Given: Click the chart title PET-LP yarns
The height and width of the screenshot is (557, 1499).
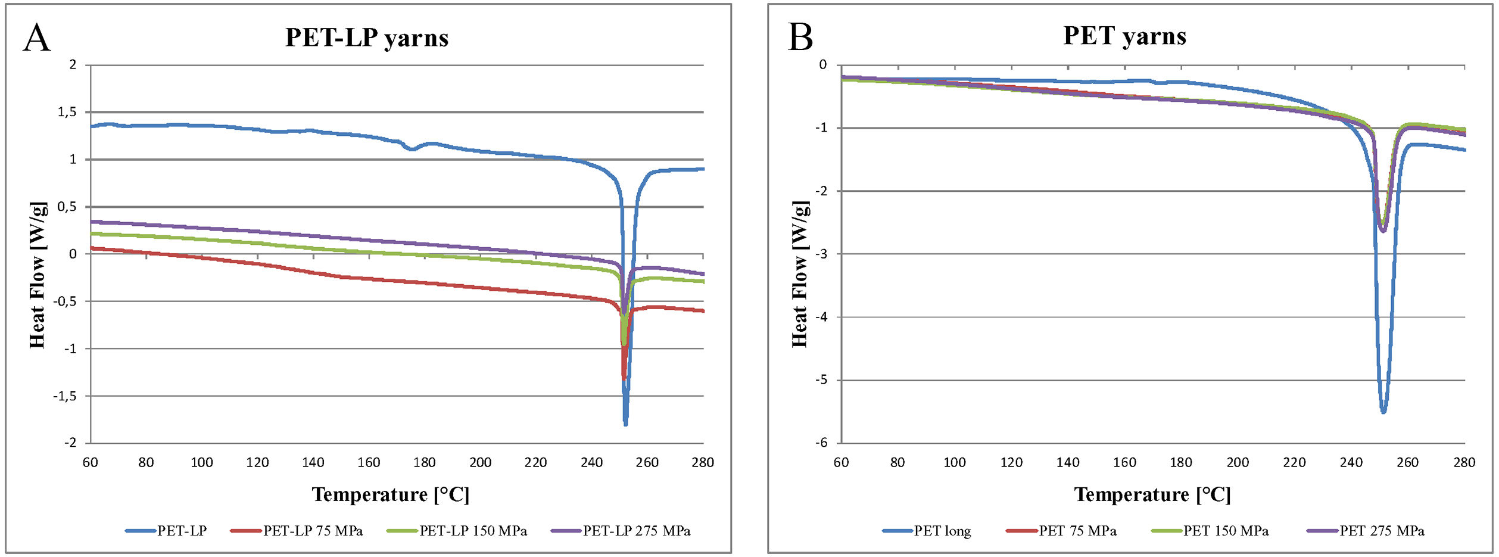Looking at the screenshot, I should pos(367,38).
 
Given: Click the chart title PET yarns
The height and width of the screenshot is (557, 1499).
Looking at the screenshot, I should pos(1124,36).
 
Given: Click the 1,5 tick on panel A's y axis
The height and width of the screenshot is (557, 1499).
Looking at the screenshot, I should pos(67,112).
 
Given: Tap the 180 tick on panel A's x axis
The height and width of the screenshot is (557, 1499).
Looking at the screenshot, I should pos(425,462).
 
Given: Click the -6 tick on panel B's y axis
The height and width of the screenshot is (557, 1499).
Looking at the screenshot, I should pos(821,443).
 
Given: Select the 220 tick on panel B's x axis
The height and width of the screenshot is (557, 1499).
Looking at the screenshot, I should pos(1294,462).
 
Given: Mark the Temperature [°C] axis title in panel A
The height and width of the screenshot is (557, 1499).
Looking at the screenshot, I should pos(391,494).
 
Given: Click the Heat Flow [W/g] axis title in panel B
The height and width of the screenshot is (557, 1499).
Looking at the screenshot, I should pos(800,274).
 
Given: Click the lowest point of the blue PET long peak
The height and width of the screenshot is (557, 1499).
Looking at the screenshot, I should pos(1383,411).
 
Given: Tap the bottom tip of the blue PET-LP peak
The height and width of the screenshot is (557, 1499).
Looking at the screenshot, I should pos(625,424).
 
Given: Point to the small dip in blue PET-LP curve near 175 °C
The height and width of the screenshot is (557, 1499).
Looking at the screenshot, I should pos(412,149).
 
